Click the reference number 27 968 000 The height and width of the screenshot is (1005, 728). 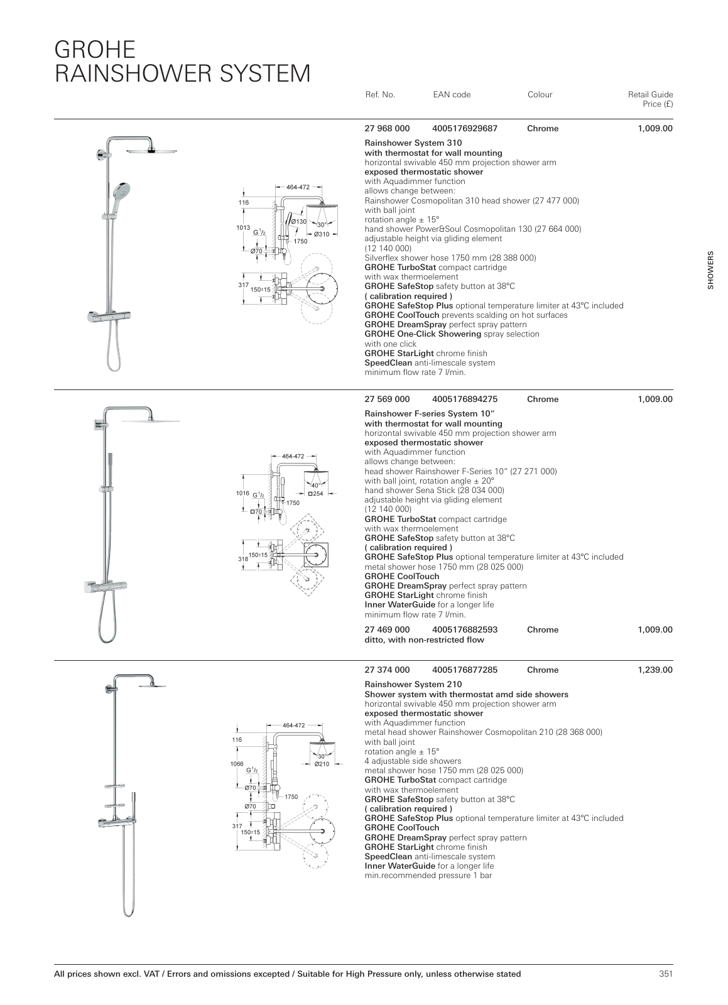coord(387,128)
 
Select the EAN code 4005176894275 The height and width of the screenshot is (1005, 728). coord(465,399)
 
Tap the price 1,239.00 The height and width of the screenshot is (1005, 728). coord(655,670)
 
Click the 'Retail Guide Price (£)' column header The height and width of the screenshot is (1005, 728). coord(650,99)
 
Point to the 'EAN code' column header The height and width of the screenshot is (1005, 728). coord(452,95)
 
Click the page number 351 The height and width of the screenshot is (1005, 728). coord(666,974)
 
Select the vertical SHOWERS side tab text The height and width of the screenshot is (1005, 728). coord(711,271)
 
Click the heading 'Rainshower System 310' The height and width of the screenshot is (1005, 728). coord(413,143)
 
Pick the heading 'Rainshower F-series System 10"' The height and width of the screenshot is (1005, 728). coord(430,413)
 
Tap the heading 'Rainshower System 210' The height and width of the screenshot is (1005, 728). coord(413,684)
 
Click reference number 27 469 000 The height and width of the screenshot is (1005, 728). coord(387,629)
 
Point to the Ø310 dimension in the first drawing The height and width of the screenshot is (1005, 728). coord(322,234)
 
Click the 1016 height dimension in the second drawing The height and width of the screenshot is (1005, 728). coord(243,494)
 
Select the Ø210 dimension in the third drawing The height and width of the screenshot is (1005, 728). coord(322,764)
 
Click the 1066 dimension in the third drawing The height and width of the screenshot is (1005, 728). coord(237,764)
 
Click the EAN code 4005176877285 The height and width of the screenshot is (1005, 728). coord(465,670)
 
